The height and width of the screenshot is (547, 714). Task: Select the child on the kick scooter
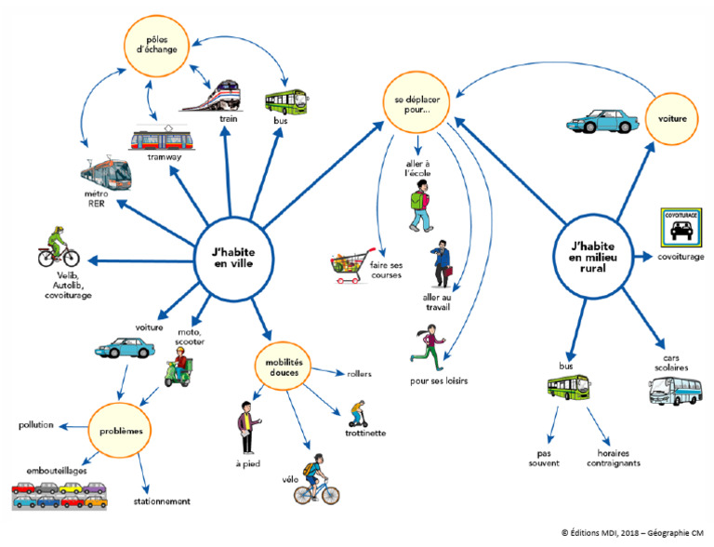pos(357,412)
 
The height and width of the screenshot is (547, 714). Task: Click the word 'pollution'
pos(36,424)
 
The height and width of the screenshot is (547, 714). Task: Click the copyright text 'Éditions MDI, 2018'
pos(604,531)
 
